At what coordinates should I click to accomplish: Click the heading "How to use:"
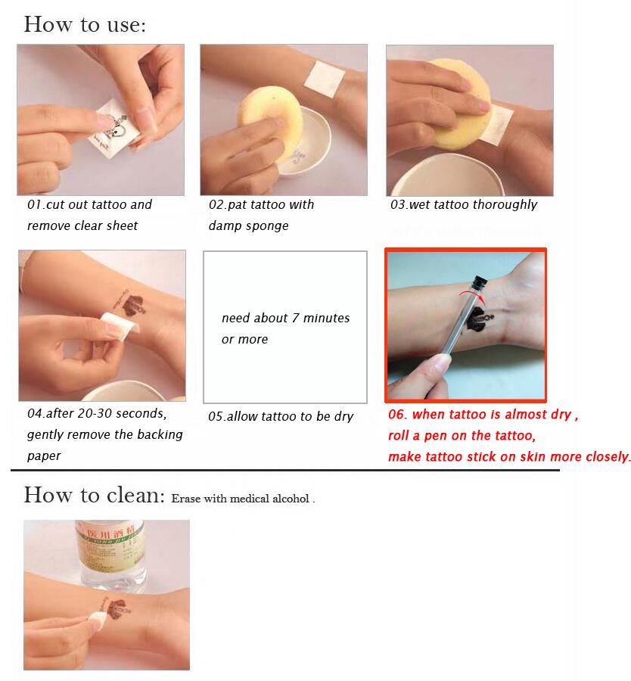pyautogui.click(x=85, y=24)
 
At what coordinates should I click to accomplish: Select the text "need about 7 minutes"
pyautogui.click(x=285, y=318)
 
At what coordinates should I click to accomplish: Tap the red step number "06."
pyautogui.click(x=397, y=415)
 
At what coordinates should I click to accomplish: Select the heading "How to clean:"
pyautogui.click(x=95, y=495)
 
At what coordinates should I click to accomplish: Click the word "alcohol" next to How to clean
pyautogui.click(x=291, y=499)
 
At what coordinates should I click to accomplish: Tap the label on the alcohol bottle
pyautogui.click(x=110, y=542)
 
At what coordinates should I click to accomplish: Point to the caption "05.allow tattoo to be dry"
pyautogui.click(x=281, y=416)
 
